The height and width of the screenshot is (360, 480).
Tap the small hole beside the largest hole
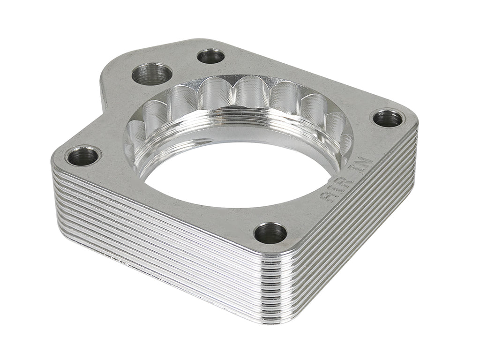210,56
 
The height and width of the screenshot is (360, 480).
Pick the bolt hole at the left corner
83,156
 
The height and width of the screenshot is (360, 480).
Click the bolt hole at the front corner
270,233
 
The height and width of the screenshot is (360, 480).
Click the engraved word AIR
336,188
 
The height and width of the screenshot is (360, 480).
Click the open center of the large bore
234,173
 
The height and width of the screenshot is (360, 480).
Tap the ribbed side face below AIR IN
356,234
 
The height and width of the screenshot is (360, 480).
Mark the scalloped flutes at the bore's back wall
244,94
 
